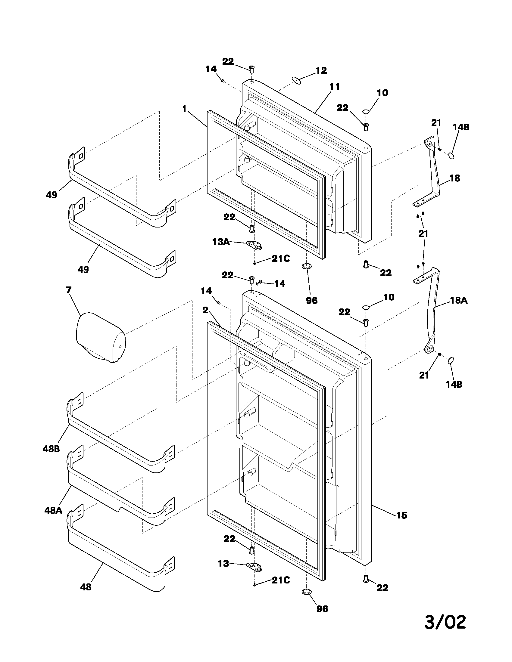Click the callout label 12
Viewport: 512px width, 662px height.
tap(321, 70)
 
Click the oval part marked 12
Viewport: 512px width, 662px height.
tap(297, 81)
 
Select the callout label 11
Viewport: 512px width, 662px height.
tap(334, 87)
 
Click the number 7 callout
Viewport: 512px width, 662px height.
tap(69, 290)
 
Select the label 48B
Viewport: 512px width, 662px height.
tap(51, 449)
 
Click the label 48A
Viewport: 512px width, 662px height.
tap(53, 510)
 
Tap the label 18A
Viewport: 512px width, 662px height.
tap(458, 300)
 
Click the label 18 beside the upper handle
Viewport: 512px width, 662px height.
tap(454, 178)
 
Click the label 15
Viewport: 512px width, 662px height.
tap(401, 515)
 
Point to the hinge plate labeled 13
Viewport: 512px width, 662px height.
tap(254, 566)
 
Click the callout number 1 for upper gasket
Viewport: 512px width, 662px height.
tap(184, 109)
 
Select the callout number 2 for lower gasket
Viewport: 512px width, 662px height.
tap(205, 310)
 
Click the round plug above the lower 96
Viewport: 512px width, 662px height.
tap(307, 591)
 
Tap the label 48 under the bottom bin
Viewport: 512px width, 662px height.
tap(86, 587)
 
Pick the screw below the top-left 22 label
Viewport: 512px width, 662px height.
tap(251, 69)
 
